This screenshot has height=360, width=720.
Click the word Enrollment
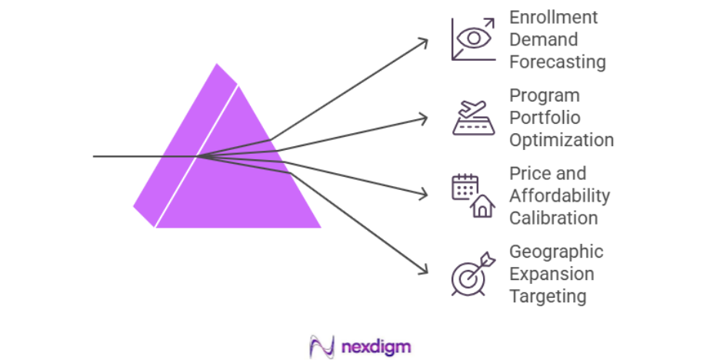[553, 17]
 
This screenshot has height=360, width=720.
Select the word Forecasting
[557, 62]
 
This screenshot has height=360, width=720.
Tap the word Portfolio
[544, 118]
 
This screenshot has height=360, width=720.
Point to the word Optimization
[561, 140]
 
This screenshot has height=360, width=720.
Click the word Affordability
[559, 195]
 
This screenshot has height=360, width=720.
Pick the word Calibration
[553, 218]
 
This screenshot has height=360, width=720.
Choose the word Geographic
[556, 252]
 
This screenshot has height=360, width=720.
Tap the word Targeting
[547, 296]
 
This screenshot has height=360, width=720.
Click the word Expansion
[552, 274]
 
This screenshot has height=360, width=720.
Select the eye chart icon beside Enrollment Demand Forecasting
[473, 39]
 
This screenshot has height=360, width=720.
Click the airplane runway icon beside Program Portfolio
[473, 118]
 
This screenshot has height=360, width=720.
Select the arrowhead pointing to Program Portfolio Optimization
[425, 118]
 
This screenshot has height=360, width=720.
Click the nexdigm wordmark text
[375, 346]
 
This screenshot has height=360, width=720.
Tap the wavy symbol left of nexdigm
[320, 346]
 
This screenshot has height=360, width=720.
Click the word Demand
[543, 39]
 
